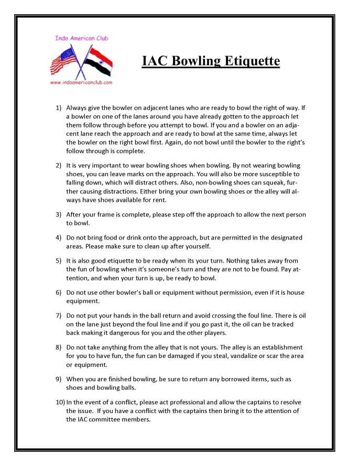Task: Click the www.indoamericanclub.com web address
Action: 81,82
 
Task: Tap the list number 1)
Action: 59,107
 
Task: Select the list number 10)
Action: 60,402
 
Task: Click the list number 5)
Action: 59,260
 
